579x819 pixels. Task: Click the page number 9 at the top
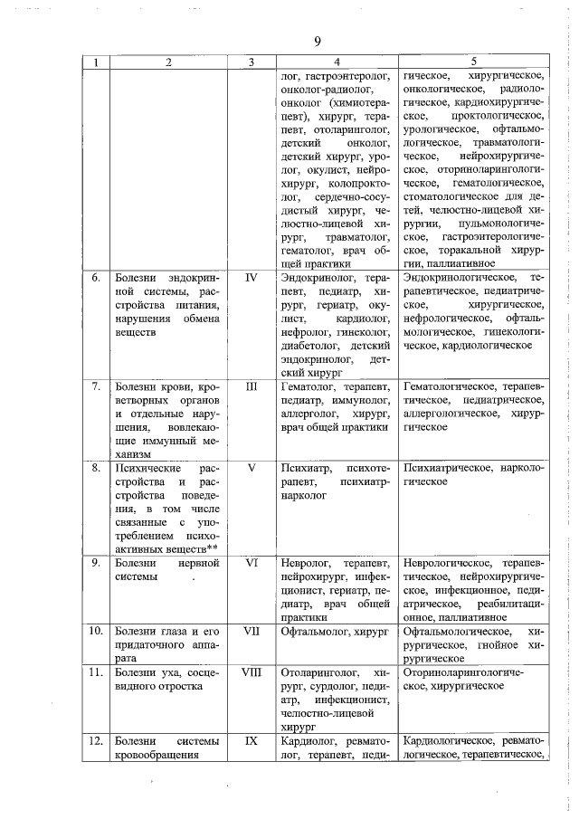click(x=318, y=42)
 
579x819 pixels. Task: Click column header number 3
click(x=252, y=62)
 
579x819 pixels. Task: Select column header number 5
click(x=474, y=62)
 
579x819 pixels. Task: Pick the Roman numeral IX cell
click(x=252, y=739)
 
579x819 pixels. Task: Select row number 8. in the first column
click(x=94, y=468)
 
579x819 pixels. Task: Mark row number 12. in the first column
click(x=94, y=739)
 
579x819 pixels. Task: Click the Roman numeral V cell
click(x=252, y=468)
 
